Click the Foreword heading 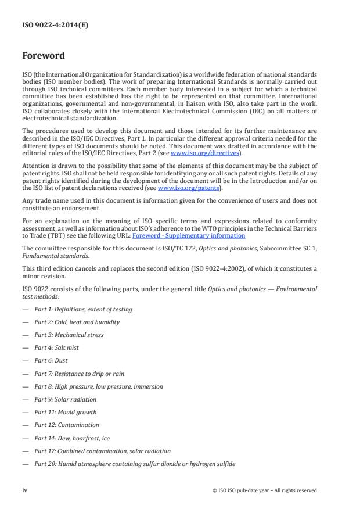[43, 56]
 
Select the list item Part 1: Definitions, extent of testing [83, 309]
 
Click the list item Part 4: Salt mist [56, 347]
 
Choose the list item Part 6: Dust [51, 360]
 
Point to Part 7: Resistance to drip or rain [79, 374]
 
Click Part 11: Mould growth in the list [65, 412]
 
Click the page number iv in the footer [25, 490]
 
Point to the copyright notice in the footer [265, 490]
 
